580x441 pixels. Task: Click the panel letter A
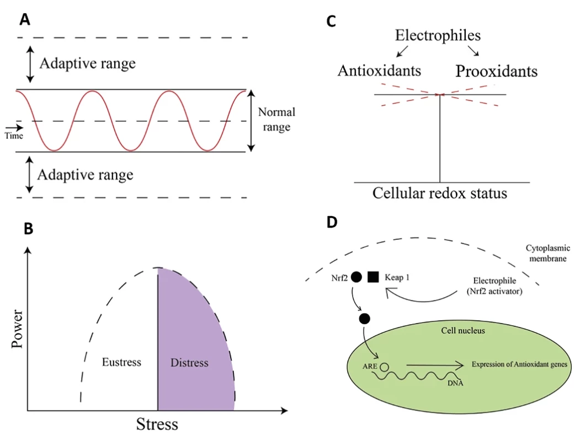pos(25,19)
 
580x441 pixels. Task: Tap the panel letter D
pos(332,222)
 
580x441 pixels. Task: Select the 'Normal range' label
pos(276,119)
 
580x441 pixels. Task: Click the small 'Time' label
pos(14,136)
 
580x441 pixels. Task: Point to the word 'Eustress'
pos(122,362)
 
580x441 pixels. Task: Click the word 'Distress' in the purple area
pos(189,362)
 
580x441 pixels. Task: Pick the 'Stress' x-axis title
pos(157,424)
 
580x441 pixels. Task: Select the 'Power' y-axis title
pos(17,329)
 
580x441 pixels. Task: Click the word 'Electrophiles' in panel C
pos(438,35)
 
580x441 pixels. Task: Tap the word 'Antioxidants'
pos(380,71)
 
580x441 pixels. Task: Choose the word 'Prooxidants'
pos(497,71)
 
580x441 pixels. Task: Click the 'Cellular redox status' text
pos(440,193)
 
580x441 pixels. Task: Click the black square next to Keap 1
pos(373,277)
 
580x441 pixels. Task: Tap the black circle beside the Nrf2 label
pos(356,277)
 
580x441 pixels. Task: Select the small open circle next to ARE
pos(385,367)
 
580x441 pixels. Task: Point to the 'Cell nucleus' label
pos(463,331)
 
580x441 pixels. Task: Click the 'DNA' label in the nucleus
pos(455,383)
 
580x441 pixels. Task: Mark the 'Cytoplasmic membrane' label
pos(548,254)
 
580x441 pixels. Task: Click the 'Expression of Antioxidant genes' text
pos(519,364)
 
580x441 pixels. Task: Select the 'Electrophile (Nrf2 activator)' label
pos(494,286)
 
